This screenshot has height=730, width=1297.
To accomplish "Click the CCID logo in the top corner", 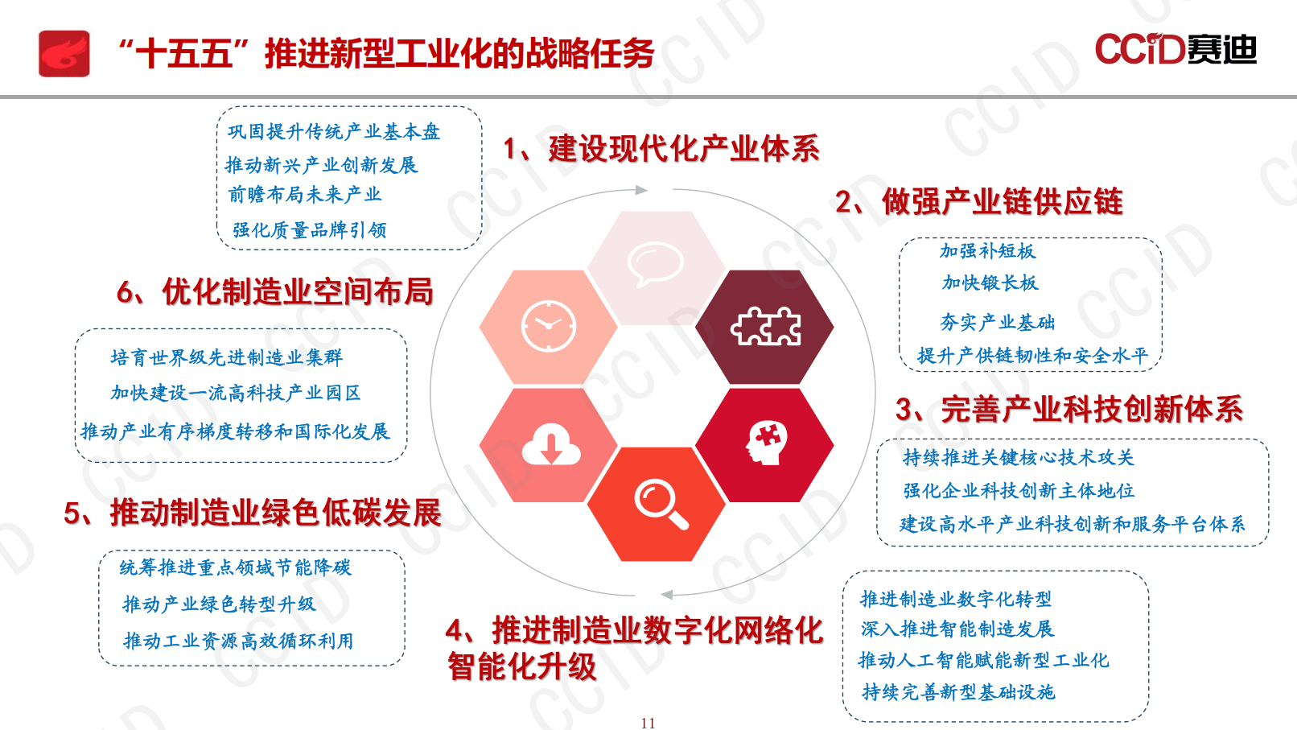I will coord(1175,49).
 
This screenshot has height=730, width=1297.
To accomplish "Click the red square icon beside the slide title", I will coord(64,54).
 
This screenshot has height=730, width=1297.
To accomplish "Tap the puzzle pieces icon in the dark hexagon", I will coord(765,326).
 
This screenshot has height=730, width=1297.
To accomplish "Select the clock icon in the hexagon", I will coord(549,326).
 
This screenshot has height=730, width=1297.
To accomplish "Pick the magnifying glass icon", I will coord(661,504).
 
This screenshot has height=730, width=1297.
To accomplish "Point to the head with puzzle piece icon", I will coord(765,443).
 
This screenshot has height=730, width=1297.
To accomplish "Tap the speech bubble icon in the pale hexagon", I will coord(655,264).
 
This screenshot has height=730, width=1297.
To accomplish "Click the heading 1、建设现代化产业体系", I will coord(661,149).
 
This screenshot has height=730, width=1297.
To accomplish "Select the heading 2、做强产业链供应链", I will coord(978,201).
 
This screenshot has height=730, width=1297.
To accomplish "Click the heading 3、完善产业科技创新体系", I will coord(1069,409).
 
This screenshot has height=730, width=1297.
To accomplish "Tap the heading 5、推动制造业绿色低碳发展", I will coord(253,513).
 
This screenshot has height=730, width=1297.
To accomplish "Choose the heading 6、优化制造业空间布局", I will coord(275,291).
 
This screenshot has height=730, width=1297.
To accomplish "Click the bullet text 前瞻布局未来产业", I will coord(305,195).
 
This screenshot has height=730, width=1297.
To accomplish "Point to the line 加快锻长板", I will coord(990,283).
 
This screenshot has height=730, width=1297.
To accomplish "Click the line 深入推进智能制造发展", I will coord(957,629).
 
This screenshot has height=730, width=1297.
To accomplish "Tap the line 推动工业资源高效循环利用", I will coord(238,641).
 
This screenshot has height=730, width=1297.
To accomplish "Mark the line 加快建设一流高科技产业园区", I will coord(236,393).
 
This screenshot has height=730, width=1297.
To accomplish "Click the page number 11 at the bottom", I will coord(648,723).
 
